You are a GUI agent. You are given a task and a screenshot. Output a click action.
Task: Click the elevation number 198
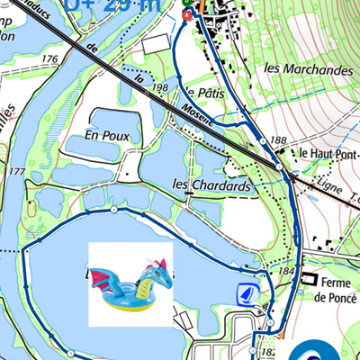point(161,87)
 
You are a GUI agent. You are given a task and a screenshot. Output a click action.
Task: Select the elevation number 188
point(276,140)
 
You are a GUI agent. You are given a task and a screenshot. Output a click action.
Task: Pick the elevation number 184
point(286,271)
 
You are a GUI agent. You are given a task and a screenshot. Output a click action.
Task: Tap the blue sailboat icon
point(246,292)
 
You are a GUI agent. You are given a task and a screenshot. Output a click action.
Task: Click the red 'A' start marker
point(186,15)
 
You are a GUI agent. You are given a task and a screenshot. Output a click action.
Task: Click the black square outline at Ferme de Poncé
point(308,280)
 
